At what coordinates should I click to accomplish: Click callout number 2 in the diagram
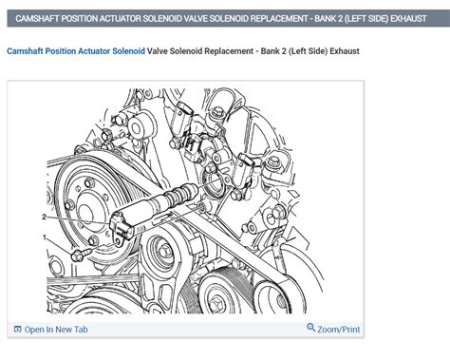coord(44,217)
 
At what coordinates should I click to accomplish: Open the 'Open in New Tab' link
coord(56,330)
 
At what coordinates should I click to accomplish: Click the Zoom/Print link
coord(339,330)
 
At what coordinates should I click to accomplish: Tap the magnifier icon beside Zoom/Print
coord(311,329)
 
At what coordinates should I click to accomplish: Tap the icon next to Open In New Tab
coord(17,330)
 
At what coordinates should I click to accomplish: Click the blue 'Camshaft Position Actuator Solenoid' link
coord(76,50)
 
